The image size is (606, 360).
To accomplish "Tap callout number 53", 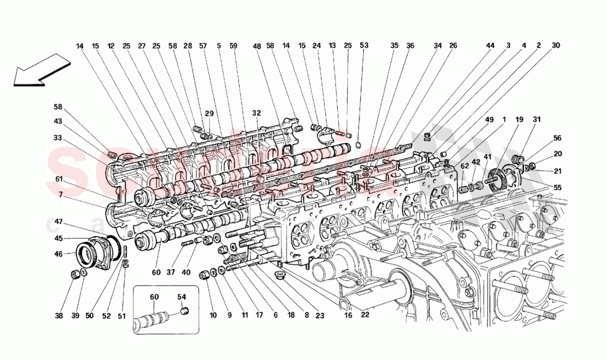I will (364, 46).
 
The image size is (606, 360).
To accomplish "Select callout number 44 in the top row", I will (490, 46).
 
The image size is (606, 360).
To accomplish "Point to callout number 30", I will (555, 46).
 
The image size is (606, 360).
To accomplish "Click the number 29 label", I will (209, 113).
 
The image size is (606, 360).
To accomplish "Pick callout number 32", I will (256, 113).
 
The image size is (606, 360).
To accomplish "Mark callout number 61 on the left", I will (59, 179).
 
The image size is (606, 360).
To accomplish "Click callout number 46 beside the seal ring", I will (59, 254).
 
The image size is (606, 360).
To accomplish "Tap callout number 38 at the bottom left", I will (59, 316).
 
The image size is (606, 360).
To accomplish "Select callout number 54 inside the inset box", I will (182, 297).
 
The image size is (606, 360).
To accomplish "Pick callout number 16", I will (348, 316).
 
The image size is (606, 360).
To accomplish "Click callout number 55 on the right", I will (558, 188).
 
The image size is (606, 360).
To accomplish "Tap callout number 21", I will (558, 170).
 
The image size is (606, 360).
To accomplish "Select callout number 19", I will (519, 119).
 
